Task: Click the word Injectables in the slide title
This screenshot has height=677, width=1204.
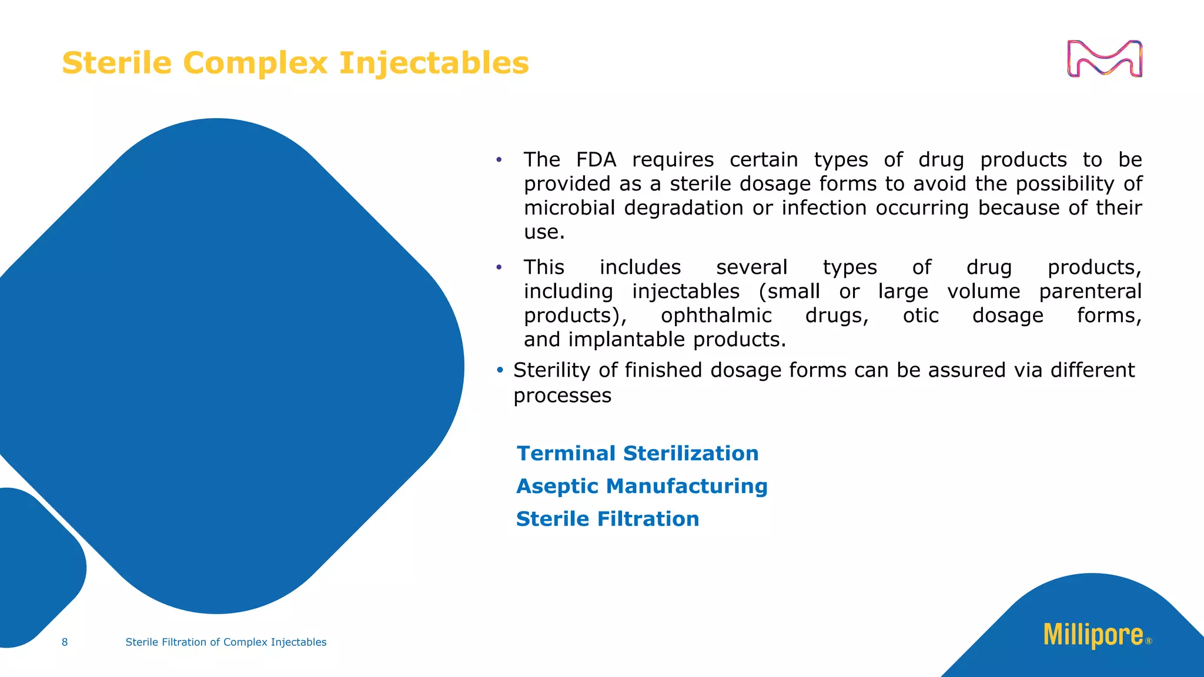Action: pyautogui.click(x=434, y=63)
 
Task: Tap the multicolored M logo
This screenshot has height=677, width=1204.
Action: pyautogui.click(x=1104, y=59)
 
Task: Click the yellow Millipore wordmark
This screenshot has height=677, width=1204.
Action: pyautogui.click(x=1093, y=635)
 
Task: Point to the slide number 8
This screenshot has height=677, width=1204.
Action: pyautogui.click(x=65, y=642)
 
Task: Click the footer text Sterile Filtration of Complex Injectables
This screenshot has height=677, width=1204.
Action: pyautogui.click(x=226, y=642)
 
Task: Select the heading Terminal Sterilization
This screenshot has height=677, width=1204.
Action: pyautogui.click(x=637, y=453)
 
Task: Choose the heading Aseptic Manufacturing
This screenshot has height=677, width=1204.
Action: pyautogui.click(x=641, y=486)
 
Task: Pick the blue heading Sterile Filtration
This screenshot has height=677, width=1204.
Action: pyautogui.click(x=607, y=519)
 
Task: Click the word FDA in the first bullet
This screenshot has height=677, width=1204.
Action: pyautogui.click(x=596, y=160)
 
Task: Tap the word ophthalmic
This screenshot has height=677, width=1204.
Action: pyautogui.click(x=715, y=316)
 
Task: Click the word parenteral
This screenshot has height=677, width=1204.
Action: pyautogui.click(x=1090, y=291)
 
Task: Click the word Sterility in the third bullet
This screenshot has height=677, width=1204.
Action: pyautogui.click(x=551, y=370)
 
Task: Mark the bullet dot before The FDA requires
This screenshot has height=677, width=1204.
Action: pyautogui.click(x=499, y=159)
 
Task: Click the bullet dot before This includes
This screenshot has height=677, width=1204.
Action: pyautogui.click(x=499, y=267)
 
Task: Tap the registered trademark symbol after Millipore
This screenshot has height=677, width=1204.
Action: pyautogui.click(x=1149, y=641)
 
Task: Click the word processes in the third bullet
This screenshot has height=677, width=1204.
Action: pyautogui.click(x=562, y=396)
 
